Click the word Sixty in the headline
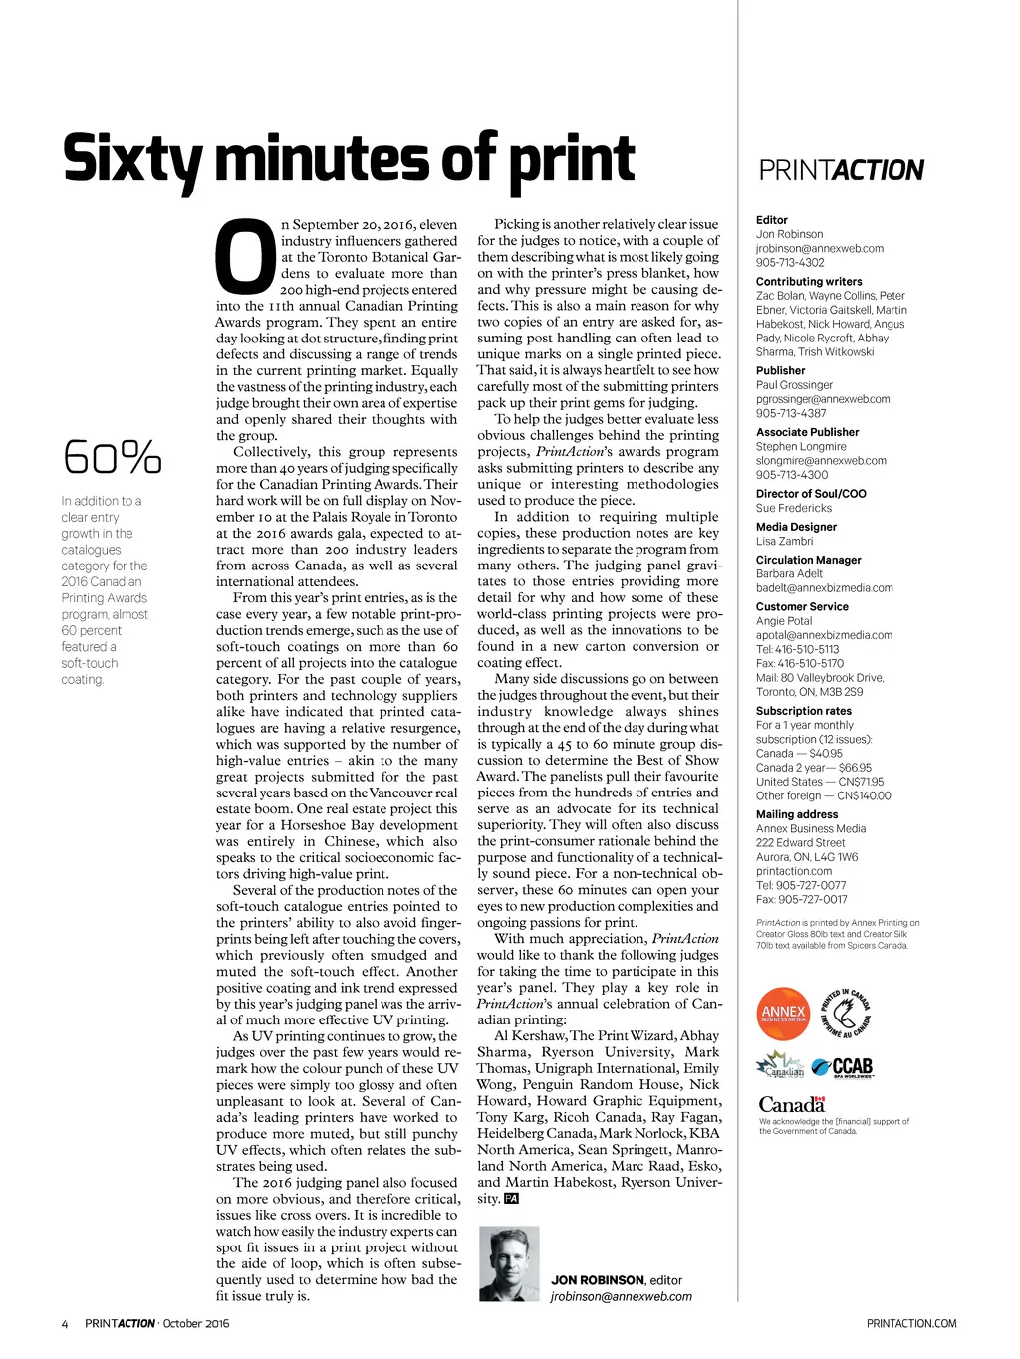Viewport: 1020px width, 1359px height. point(132,160)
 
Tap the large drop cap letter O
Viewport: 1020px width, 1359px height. point(245,258)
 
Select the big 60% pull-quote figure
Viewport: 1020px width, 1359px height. point(112,457)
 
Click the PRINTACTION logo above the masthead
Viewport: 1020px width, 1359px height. point(842,170)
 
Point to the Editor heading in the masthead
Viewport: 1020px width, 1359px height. point(772,220)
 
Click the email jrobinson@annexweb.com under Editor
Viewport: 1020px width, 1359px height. point(820,249)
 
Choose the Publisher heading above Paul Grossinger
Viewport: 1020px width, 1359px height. point(781,370)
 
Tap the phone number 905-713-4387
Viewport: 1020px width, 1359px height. point(791,413)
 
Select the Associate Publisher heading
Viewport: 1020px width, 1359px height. point(807,432)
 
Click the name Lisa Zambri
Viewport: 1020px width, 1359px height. point(784,541)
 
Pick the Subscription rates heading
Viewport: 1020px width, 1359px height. point(804,711)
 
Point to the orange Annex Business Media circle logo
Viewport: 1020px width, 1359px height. point(783,1014)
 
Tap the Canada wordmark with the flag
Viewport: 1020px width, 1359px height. point(792,1104)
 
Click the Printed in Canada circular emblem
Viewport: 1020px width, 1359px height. point(846,1014)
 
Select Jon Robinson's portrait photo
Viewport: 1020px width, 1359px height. point(509,1263)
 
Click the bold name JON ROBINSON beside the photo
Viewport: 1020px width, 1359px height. point(598,1280)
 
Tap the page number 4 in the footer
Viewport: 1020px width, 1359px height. point(65,1324)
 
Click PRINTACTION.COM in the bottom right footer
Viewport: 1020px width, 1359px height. point(911,1324)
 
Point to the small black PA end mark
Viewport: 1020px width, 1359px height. point(511,1199)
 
